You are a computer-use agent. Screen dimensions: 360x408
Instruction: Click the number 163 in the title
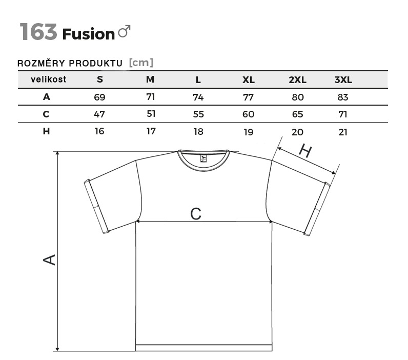(38, 32)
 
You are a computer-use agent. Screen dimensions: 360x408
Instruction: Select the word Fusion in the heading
(88, 34)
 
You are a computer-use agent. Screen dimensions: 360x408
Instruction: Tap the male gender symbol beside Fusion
(124, 32)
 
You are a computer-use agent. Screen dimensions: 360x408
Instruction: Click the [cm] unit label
(141, 63)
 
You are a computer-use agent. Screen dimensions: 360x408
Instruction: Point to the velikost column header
(48, 79)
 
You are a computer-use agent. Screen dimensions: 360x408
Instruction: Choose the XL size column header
(249, 80)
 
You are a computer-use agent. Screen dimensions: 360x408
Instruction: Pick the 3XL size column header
(343, 80)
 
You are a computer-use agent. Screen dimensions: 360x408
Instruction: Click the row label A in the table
(47, 97)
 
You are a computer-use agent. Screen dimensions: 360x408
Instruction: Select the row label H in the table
(47, 131)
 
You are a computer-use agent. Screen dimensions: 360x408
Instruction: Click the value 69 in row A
(99, 97)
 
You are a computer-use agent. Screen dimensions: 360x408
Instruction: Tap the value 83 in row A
(343, 97)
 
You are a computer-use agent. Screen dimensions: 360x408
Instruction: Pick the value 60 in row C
(249, 114)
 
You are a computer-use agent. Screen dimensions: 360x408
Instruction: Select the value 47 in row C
(99, 114)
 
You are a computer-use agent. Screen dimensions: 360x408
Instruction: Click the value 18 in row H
(198, 132)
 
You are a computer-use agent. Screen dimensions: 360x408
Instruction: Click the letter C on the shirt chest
(196, 214)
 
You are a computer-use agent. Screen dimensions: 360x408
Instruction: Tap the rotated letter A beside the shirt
(49, 259)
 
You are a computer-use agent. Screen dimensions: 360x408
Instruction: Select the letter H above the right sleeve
(305, 151)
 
